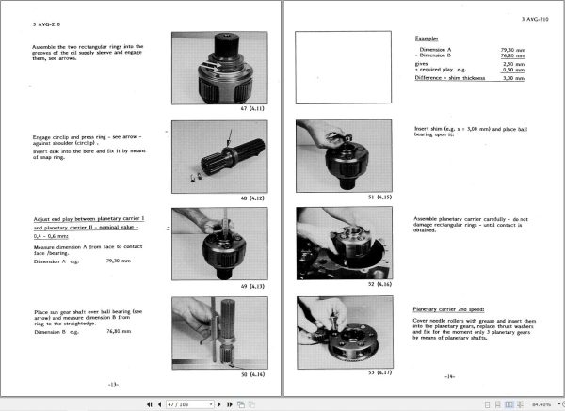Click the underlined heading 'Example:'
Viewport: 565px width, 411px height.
click(428, 38)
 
